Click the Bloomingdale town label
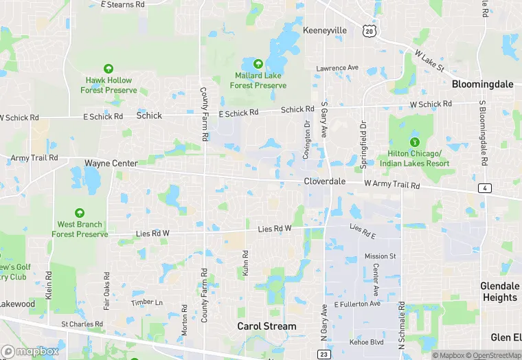(482, 84)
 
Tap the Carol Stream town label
(266, 326)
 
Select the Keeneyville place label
(325, 31)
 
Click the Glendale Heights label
(499, 291)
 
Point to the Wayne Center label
(111, 164)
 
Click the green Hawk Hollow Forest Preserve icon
(109, 68)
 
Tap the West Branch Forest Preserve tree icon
(80, 213)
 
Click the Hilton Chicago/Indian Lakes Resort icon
(414, 142)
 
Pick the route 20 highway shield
(370, 32)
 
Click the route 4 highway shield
(486, 188)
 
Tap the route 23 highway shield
(323, 354)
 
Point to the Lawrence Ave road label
(337, 68)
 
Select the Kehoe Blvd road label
(365, 341)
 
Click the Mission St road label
(380, 256)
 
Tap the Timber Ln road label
(148, 302)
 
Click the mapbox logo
(30, 351)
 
